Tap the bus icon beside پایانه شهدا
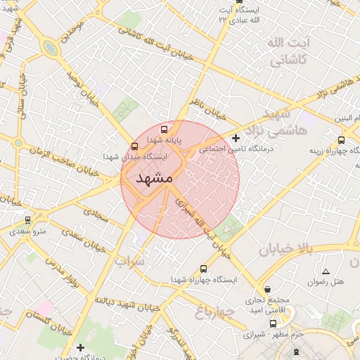click(165, 129)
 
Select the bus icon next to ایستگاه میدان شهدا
click(134, 146)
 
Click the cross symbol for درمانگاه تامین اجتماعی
click(236, 138)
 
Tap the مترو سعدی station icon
click(28, 220)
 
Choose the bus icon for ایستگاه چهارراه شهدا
click(204, 269)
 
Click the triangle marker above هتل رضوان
click(325, 271)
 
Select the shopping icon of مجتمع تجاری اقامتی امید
click(267, 289)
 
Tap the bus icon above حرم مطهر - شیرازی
click(274, 324)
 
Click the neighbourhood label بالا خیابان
click(284, 249)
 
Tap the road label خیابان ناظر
click(210, 108)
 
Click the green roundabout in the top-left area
click(50, 48)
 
